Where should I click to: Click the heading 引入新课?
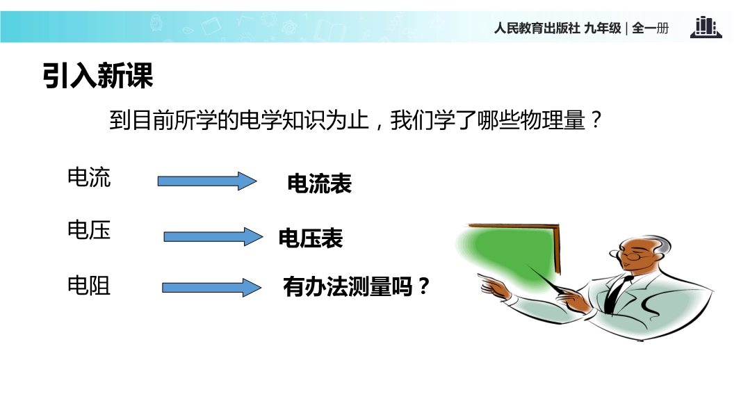pos(98,75)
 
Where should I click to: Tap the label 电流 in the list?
pos(89,177)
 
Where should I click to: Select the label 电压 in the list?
pos(89,231)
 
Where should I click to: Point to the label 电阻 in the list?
pos(89,286)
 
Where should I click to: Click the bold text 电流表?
pos(320,183)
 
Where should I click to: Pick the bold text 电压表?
pos(311,238)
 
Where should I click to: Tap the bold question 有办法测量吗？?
pos(357,286)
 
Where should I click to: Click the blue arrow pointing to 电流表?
pos(207,181)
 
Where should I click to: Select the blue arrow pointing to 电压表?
pos(213,236)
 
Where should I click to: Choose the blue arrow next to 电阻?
pos(212,288)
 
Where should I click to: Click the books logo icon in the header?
pos(706,27)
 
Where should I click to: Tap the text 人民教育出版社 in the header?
pos(537,28)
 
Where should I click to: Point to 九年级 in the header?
pos(603,28)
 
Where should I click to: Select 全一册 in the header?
pos(650,28)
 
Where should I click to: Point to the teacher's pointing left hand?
pos(494,286)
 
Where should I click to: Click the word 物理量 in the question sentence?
pos(553,120)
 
